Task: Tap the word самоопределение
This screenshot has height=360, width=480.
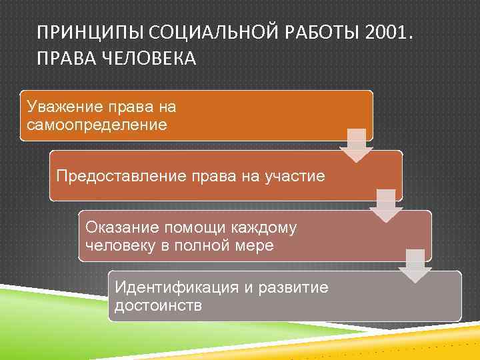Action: (97, 125)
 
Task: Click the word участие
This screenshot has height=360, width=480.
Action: (296, 176)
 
